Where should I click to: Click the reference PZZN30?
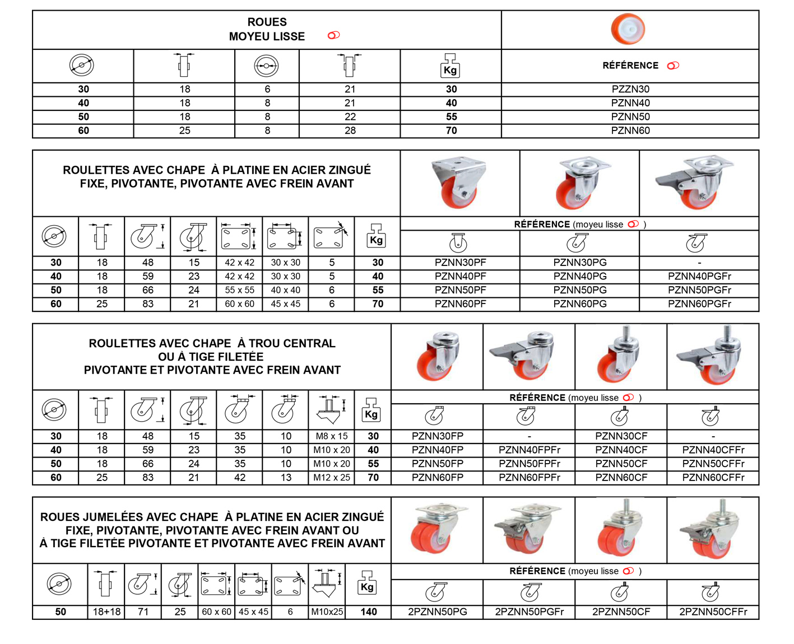(630, 89)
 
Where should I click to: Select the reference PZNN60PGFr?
(699, 304)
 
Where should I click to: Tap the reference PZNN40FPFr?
(529, 450)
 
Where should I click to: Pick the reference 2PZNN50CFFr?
(713, 612)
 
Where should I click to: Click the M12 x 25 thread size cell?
(331, 477)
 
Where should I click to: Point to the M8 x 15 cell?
(331, 436)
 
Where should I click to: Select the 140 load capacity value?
(368, 612)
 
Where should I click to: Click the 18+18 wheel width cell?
(106, 612)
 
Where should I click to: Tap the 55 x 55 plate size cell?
(239, 290)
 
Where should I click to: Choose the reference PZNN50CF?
(621, 463)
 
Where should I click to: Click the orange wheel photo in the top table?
(628, 29)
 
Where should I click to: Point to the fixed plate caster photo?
(458, 183)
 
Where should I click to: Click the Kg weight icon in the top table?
(450, 66)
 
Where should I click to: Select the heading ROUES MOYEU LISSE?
(267, 29)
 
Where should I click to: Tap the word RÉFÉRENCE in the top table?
(630, 66)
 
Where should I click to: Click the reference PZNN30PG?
(579, 262)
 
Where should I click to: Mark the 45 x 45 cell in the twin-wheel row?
(253, 612)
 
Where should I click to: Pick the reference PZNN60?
(630, 130)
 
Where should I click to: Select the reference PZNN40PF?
(460, 276)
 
